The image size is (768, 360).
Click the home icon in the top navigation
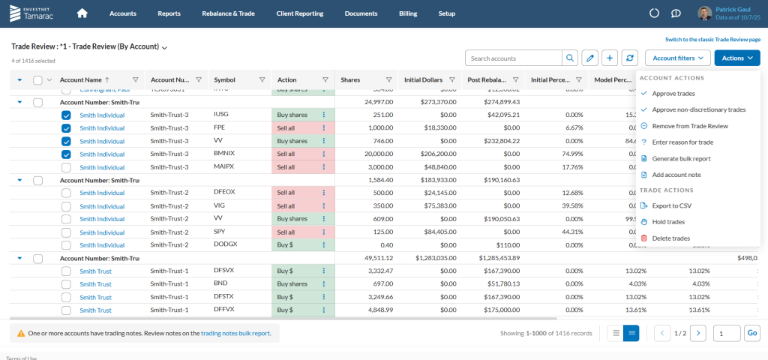(x=82, y=13)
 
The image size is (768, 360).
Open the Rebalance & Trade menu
(x=228, y=13)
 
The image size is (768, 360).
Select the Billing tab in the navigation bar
(x=407, y=13)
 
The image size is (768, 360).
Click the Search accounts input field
(x=514, y=58)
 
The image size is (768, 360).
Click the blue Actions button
(x=736, y=58)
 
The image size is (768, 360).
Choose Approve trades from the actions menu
(x=673, y=94)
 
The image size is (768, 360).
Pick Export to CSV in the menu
(x=671, y=205)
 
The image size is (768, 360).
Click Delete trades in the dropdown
(x=670, y=238)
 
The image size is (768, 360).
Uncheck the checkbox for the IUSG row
(x=66, y=115)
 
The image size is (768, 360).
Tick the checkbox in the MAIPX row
(x=66, y=167)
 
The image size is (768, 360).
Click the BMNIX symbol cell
(x=224, y=154)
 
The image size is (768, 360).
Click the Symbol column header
(x=224, y=79)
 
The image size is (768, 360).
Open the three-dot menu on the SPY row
(x=323, y=232)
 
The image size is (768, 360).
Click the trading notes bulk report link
(x=235, y=333)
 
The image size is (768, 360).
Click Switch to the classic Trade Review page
(x=712, y=39)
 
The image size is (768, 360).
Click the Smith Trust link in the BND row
(x=95, y=284)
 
